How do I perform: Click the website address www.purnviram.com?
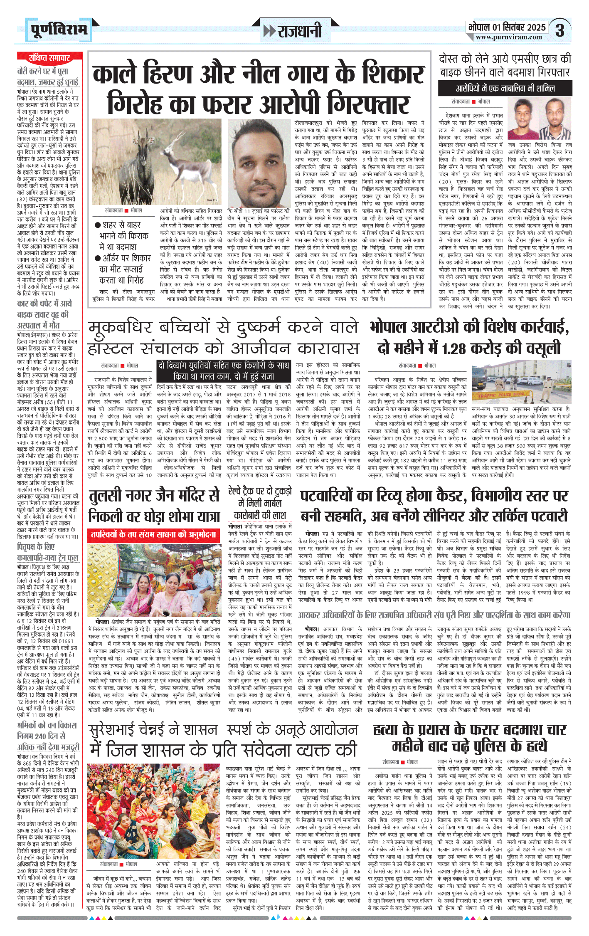coord(509,37)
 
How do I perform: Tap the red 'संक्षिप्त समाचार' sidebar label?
coord(49,58)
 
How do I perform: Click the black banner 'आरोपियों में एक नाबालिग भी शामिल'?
coord(505,89)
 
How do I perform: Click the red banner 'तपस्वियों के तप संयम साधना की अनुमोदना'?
coord(154,534)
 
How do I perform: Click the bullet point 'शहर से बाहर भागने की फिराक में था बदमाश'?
coord(123,236)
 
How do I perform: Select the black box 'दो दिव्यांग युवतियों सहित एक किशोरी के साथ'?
coord(224,366)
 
